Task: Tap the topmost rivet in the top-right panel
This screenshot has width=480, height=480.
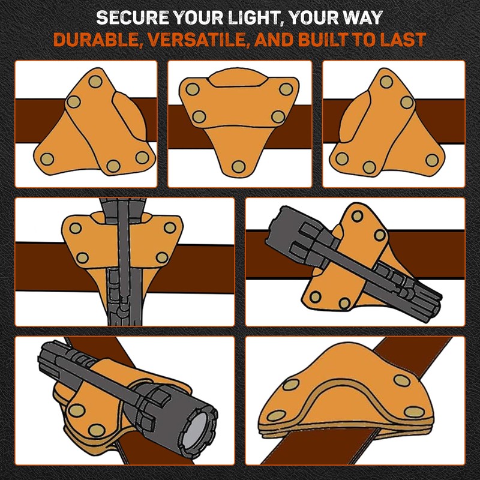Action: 385,81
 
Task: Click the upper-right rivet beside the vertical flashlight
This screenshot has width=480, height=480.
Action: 170,228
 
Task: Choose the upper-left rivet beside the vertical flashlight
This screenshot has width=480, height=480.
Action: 76,228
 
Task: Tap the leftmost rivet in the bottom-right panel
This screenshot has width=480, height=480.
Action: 277,415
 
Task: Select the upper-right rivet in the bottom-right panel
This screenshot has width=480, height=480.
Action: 401,380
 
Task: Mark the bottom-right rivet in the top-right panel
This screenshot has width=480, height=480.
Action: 432,160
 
